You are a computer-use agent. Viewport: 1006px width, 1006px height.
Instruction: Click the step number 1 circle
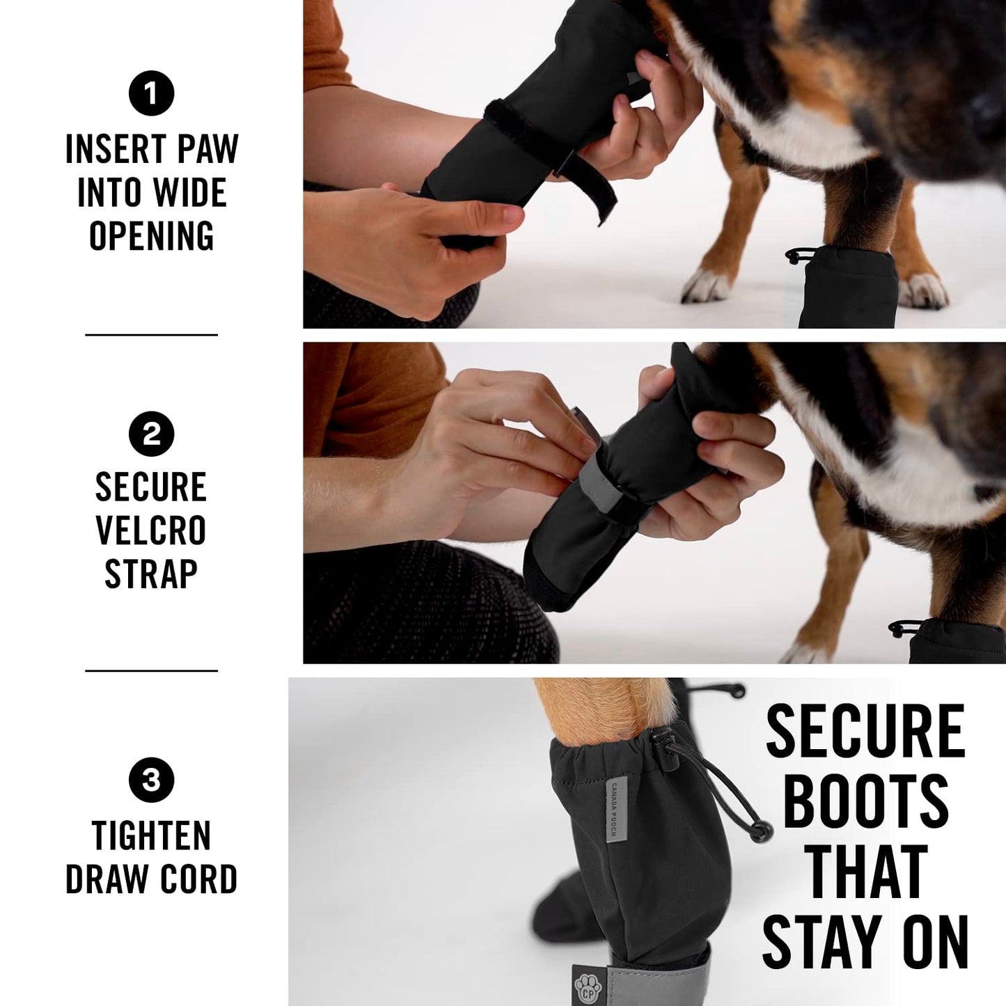151,93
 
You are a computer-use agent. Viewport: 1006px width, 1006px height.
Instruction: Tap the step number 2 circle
151,434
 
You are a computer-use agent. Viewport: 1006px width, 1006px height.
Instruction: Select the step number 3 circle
151,780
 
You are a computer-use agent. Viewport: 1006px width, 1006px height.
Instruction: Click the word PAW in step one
207,149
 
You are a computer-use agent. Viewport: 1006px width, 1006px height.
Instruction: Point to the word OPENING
151,236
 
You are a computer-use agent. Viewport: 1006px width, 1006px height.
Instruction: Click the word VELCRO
151,531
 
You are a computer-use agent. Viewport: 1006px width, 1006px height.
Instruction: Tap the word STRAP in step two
151,574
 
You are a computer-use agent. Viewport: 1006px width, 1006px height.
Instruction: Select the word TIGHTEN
151,836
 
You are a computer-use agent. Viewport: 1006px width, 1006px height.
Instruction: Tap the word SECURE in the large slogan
865,731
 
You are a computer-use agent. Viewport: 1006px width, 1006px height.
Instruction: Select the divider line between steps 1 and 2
151,335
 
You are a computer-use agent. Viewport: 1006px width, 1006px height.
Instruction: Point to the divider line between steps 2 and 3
151,671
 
